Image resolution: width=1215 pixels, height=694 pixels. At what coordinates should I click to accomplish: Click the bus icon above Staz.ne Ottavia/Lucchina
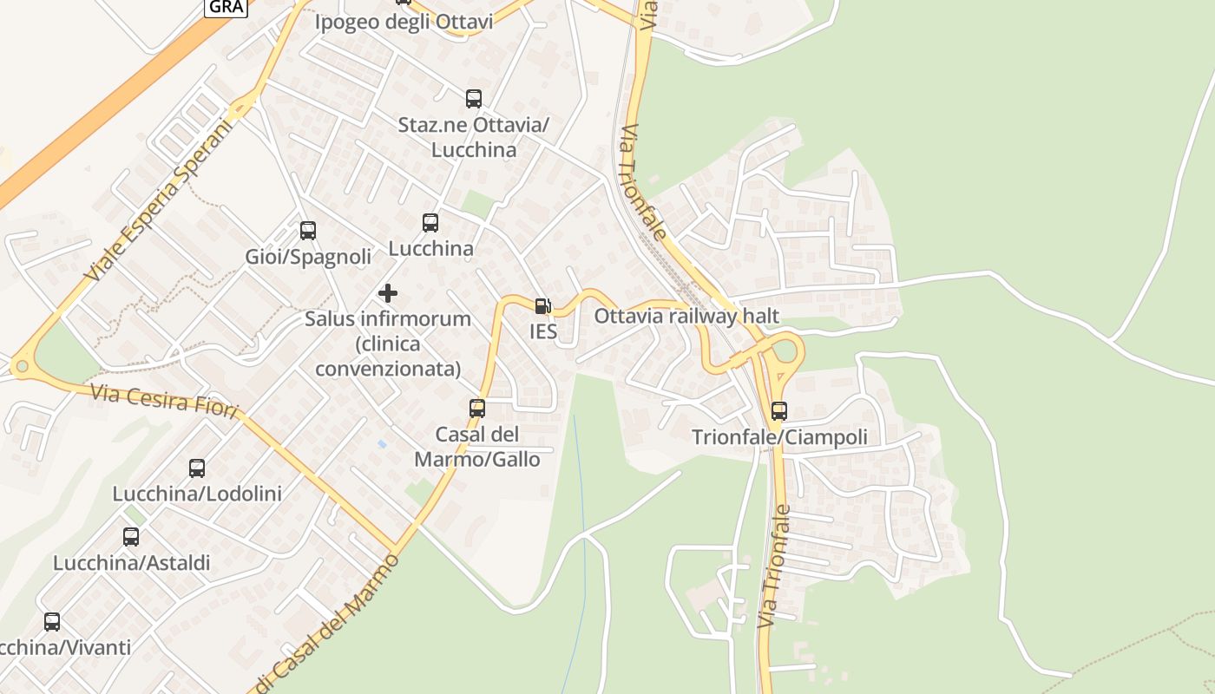473,99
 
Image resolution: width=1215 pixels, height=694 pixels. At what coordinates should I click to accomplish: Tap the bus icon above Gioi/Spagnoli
308,231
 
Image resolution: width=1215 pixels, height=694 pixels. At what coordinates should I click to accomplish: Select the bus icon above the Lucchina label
430,223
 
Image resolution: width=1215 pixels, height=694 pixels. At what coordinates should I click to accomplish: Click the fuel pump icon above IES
542,305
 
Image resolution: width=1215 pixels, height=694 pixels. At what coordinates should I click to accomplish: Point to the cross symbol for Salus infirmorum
388,293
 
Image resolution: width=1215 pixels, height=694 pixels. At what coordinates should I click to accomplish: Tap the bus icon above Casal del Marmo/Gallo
476,408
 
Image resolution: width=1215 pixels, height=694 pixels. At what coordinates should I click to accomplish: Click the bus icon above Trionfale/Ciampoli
779,411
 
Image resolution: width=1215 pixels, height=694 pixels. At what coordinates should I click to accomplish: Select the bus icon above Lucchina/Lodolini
197,468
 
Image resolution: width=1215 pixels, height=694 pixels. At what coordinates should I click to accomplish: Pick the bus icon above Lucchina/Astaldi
131,537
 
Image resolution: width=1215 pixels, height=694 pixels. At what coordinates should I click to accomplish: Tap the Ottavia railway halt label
686,317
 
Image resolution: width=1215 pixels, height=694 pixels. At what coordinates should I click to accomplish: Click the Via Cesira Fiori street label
163,403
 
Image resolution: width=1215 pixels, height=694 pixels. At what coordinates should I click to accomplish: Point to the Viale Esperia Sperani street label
161,200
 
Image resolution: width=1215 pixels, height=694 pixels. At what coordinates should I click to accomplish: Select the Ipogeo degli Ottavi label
404,22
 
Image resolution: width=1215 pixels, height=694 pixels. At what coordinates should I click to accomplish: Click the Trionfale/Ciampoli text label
779,437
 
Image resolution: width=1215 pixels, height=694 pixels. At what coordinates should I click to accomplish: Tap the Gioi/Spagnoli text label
308,257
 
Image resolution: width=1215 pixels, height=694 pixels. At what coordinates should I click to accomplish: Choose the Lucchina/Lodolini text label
197,494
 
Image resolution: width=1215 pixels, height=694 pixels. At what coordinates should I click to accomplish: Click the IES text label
543,331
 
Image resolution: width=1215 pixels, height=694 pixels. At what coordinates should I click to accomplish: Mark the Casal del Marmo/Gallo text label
476,446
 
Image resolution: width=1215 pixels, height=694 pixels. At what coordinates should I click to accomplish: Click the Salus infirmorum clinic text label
388,344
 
